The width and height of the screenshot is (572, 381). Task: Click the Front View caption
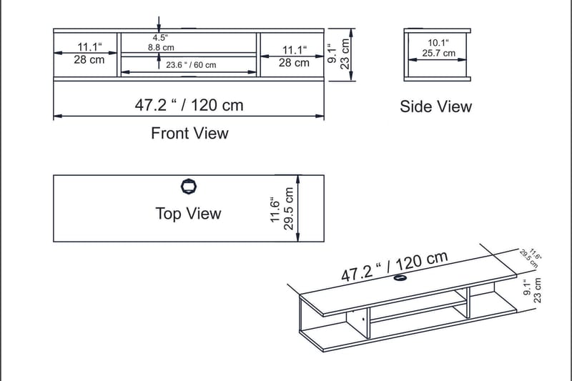tap(189, 133)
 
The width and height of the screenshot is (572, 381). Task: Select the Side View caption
tap(435, 107)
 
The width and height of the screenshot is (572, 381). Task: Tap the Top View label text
tap(188, 214)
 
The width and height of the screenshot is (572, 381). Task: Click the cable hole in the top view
tap(189, 187)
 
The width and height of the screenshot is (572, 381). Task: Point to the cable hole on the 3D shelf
tap(401, 279)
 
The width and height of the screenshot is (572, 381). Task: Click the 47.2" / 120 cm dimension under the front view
tap(189, 105)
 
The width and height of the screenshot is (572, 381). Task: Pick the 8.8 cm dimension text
tap(161, 47)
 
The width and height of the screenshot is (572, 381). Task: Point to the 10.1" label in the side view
tap(438, 42)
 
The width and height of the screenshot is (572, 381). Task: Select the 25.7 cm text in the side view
tap(438, 53)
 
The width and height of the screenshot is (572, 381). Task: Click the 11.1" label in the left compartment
tap(89, 49)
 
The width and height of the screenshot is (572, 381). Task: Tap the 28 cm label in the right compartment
tap(293, 63)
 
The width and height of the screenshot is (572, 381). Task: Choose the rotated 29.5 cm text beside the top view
tap(289, 208)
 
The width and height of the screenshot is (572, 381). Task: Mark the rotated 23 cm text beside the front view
tap(345, 53)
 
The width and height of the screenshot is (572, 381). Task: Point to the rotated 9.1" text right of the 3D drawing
tap(527, 289)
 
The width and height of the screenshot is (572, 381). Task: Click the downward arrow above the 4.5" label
tap(159, 23)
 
